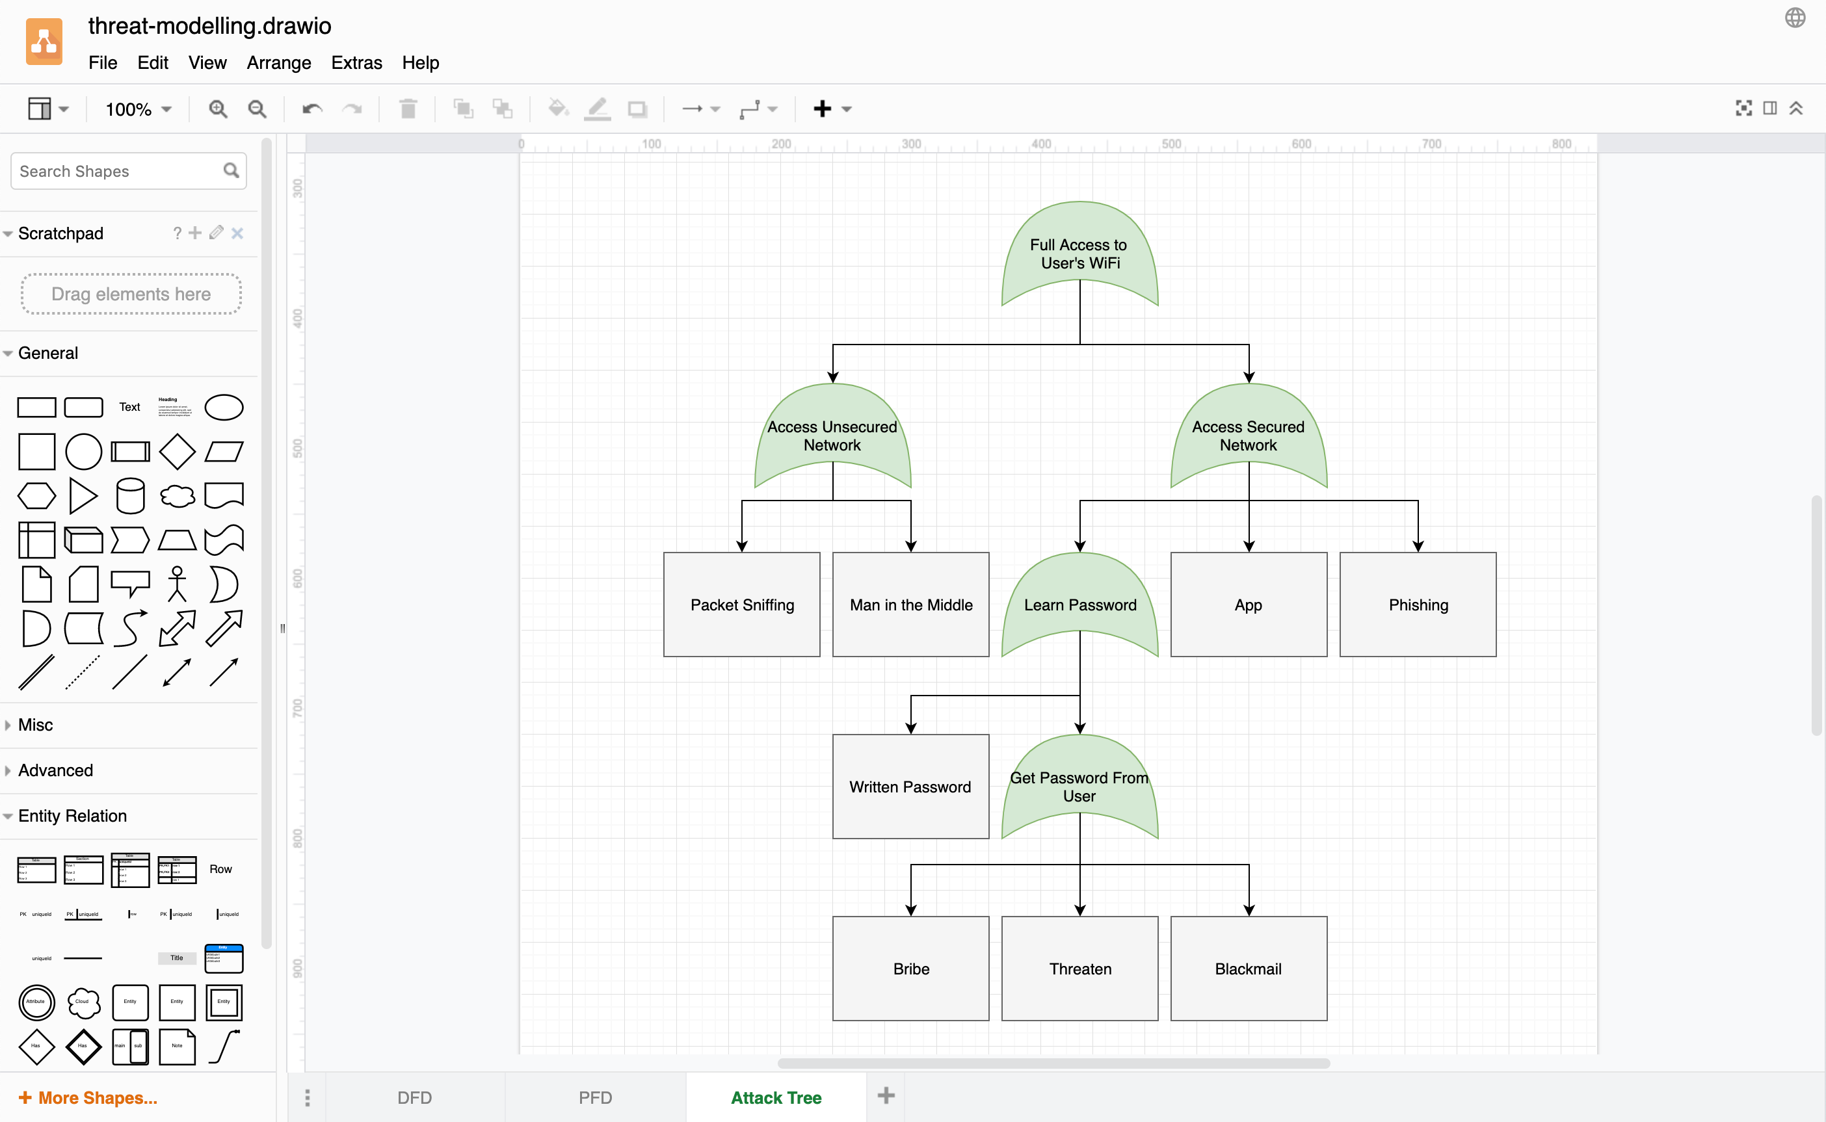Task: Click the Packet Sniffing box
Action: [x=741, y=604]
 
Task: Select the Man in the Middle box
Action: [x=911, y=604]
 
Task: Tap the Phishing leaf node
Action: [x=1418, y=604]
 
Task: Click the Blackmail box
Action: [x=1249, y=969]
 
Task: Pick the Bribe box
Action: [x=911, y=969]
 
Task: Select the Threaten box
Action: [x=1080, y=969]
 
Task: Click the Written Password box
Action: [x=911, y=787]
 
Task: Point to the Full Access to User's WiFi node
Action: [x=1079, y=253]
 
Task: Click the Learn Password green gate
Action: [x=1080, y=604]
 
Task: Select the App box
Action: [x=1249, y=604]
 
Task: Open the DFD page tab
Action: [x=414, y=1097]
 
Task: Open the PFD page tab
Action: [x=595, y=1097]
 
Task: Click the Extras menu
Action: [x=356, y=63]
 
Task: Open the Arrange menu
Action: [x=278, y=63]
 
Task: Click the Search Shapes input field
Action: [x=119, y=172]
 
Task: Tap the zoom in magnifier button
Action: [x=217, y=109]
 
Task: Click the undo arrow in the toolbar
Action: [x=311, y=109]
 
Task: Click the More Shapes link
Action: [x=88, y=1097]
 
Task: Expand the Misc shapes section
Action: [x=36, y=725]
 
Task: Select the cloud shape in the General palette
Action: [x=178, y=496]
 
